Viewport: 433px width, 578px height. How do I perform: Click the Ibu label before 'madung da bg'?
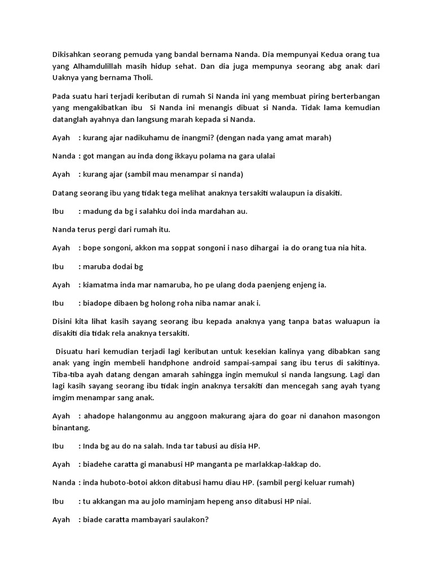coord(58,211)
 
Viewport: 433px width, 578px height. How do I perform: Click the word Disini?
coord(63,322)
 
